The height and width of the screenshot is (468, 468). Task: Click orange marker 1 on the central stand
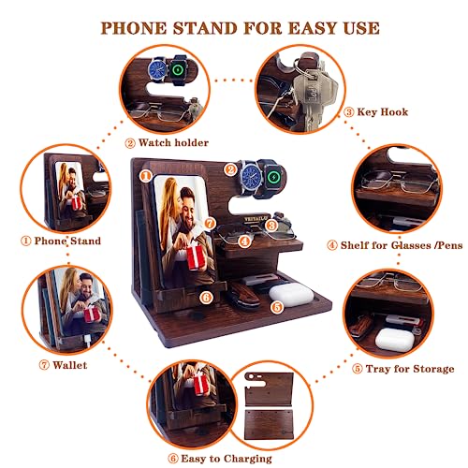pos(144,174)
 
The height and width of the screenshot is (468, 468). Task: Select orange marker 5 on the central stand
pos(276,305)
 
